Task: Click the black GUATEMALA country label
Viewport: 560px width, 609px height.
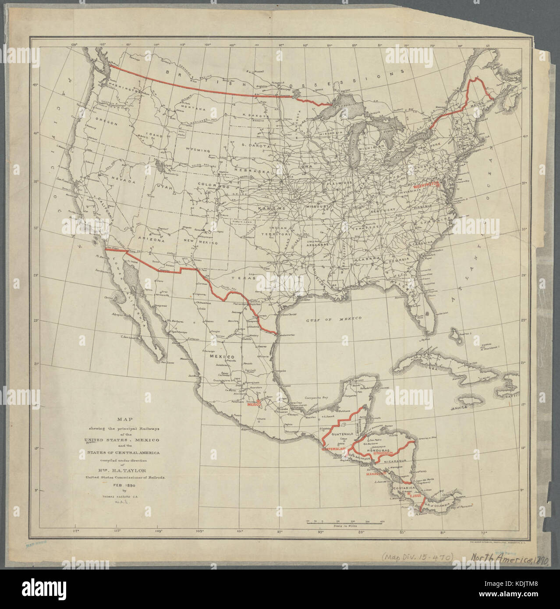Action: pos(340,434)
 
